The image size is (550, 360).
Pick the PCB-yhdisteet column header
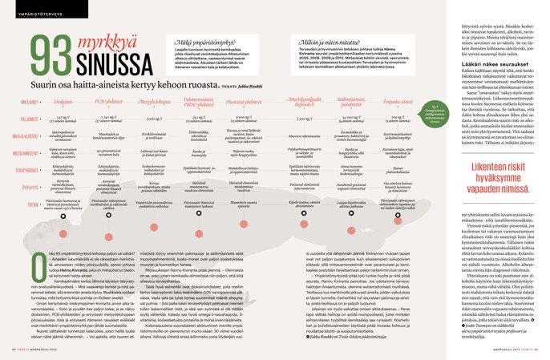pos(108,104)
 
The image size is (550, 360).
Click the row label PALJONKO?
pos(29,119)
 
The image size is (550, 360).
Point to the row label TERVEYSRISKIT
pos(29,171)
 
